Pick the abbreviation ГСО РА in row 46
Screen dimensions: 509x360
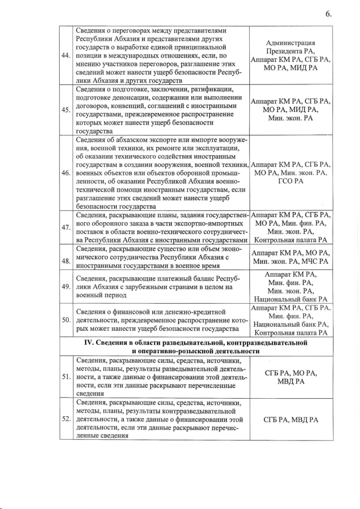click(291, 181)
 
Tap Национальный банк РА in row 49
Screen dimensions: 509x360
click(291, 299)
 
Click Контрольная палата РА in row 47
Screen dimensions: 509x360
click(291, 240)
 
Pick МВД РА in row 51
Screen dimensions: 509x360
click(291, 381)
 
